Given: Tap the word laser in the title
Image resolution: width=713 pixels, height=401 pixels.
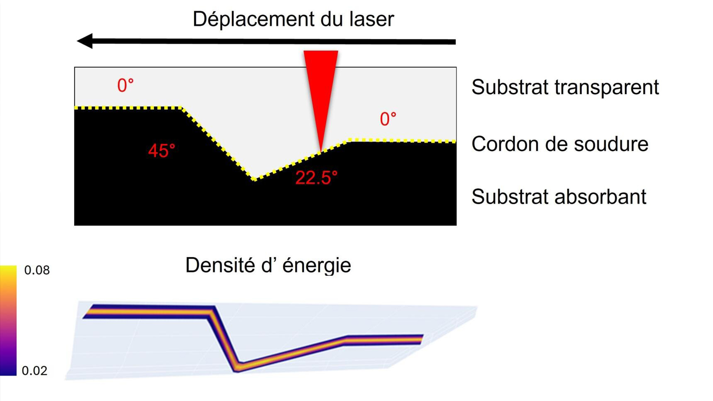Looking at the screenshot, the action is click(371, 19).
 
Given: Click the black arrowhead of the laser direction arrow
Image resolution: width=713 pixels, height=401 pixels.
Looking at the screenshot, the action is click(85, 41).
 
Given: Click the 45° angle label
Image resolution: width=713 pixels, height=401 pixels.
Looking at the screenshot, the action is click(162, 151).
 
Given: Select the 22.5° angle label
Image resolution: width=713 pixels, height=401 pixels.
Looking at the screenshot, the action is click(316, 177).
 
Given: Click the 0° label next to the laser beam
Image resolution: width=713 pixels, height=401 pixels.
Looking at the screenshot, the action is click(388, 119).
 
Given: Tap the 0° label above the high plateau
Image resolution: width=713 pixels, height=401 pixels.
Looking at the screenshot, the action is click(126, 85).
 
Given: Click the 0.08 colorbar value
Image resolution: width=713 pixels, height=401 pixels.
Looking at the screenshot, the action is click(37, 270).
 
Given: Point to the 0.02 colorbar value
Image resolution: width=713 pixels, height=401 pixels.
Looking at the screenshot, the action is click(35, 371).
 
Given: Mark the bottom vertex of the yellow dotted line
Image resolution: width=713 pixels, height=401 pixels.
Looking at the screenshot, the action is click(254, 180).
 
